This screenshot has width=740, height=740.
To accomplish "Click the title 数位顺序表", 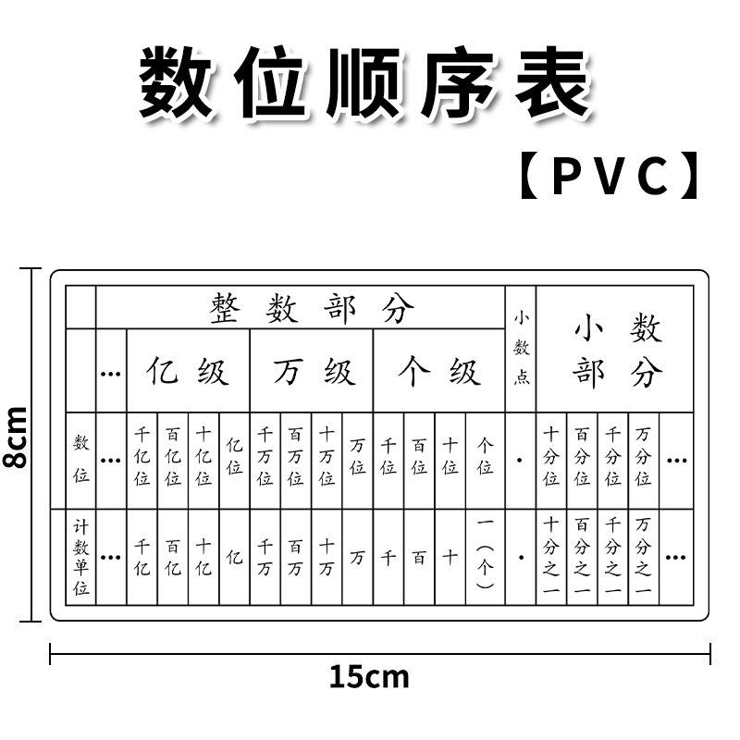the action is point(365,83).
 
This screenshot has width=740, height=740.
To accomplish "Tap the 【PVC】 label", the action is point(610,175).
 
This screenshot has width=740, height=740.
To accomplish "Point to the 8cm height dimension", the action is point(16,437).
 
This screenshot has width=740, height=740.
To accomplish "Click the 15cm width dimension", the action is point(369,677).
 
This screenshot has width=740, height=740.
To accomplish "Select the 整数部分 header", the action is point(312,309).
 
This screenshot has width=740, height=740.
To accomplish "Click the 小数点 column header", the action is point(521,348).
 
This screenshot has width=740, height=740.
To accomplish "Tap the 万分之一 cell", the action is point(643,556).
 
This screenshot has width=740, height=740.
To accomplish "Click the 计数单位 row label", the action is point(80,558).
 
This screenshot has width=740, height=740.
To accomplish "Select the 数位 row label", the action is point(80,459).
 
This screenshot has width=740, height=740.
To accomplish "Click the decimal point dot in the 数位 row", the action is point(520,460).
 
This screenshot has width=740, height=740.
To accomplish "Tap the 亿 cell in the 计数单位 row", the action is point(235,558).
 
